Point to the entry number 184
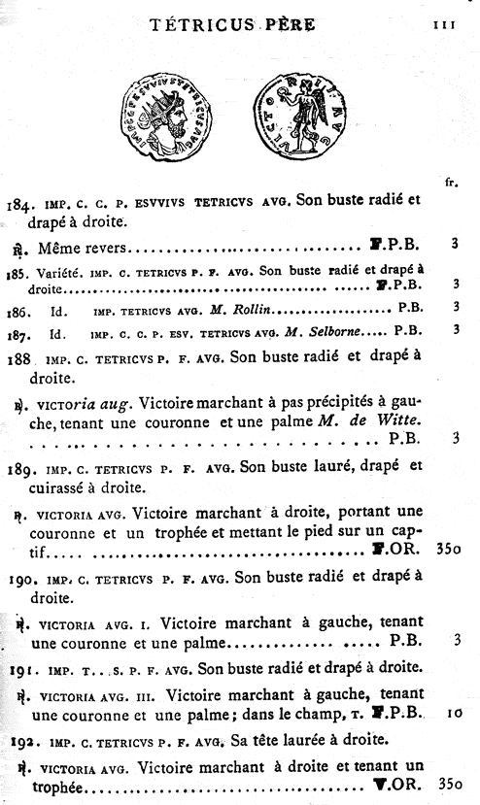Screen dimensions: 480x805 point(19,205)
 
